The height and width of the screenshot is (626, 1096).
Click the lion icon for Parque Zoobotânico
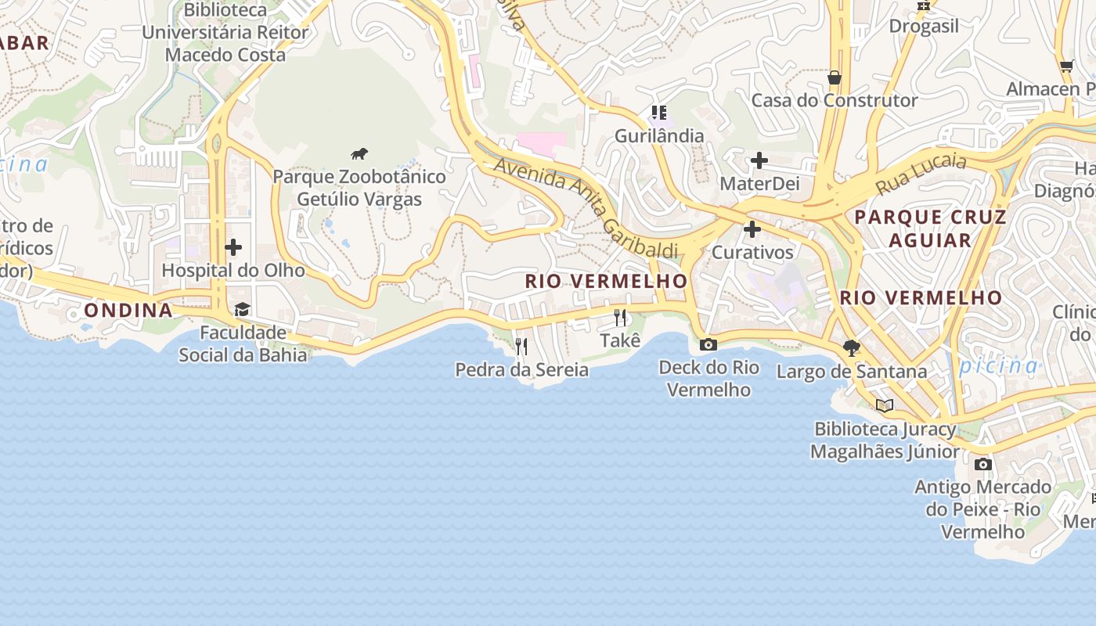click(x=359, y=154)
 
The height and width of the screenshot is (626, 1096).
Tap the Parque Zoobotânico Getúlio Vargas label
click(x=359, y=188)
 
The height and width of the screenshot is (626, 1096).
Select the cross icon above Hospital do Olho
click(x=233, y=247)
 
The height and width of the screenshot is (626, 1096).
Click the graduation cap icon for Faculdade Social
click(x=242, y=310)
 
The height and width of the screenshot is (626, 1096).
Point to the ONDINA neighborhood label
click(x=128, y=311)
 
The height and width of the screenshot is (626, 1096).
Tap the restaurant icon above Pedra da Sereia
click(x=521, y=346)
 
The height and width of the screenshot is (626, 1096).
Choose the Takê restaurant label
click(x=620, y=340)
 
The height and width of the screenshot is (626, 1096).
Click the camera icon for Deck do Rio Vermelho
click(x=708, y=344)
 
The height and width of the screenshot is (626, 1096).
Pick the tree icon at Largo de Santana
click(x=851, y=347)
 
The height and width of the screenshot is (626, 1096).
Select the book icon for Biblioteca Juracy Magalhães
click(x=885, y=405)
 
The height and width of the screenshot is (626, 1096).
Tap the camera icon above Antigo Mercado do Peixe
click(x=983, y=464)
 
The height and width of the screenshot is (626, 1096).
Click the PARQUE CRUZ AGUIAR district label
click(x=930, y=228)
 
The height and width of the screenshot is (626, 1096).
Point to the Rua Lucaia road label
click(x=921, y=174)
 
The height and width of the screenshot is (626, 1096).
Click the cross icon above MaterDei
click(x=759, y=161)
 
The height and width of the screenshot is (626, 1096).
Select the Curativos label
click(x=752, y=253)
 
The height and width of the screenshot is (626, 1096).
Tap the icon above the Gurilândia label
click(x=659, y=113)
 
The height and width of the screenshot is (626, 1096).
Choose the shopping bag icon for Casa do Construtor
click(x=835, y=77)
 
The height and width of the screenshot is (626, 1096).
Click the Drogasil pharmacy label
click(x=924, y=27)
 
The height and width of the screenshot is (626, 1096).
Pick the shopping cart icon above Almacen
click(x=1066, y=67)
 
